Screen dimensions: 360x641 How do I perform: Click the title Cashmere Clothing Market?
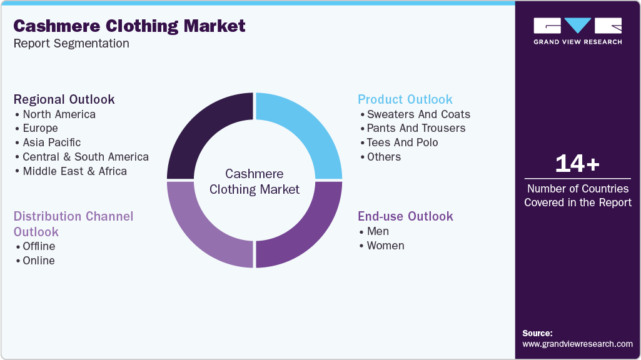pyautogui.click(x=129, y=26)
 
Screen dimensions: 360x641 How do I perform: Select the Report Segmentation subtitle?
pyautogui.click(x=71, y=44)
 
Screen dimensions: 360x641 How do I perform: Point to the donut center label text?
pyautogui.click(x=255, y=181)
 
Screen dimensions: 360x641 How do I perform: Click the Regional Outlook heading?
pyautogui.click(x=64, y=99)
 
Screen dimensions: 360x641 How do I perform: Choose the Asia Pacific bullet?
pyautogui.click(x=51, y=142)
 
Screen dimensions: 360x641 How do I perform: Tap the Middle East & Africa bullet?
pyautogui.click(x=74, y=171)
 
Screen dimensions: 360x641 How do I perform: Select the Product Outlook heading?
pyautogui.click(x=405, y=99)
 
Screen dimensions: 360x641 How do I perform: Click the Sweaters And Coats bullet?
pyautogui.click(x=418, y=114)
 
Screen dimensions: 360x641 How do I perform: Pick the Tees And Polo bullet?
pyautogui.click(x=402, y=142)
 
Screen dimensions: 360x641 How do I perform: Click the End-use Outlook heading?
pyautogui.click(x=405, y=216)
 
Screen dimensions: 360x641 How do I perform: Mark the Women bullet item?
pyautogui.click(x=385, y=246)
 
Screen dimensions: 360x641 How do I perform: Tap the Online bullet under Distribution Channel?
pyautogui.click(x=39, y=261)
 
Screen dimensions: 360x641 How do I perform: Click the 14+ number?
pyautogui.click(x=577, y=164)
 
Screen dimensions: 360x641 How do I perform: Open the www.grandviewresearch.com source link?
pyautogui.click(x=577, y=344)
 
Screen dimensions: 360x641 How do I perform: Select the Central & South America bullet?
pyautogui.click(x=86, y=157)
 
